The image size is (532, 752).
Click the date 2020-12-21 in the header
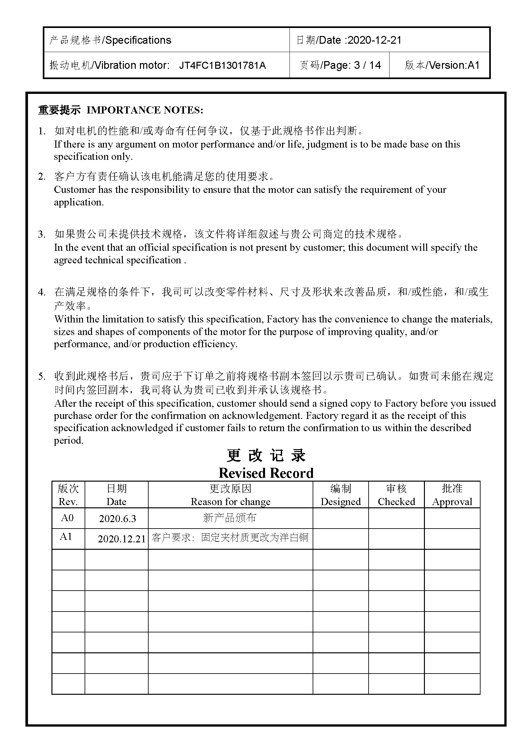(374, 40)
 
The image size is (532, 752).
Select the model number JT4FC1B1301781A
(222, 66)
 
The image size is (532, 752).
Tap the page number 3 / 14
(367, 65)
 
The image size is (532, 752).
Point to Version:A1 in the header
(454, 65)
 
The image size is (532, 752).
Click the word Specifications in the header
(138, 40)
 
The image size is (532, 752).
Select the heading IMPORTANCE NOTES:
(145, 110)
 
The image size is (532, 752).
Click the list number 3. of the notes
(41, 234)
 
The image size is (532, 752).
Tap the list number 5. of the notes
(41, 376)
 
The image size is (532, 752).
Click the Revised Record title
(266, 473)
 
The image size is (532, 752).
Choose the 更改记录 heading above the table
(266, 456)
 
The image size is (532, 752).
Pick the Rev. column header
(68, 502)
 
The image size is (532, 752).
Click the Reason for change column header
(230, 502)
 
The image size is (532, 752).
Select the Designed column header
(340, 502)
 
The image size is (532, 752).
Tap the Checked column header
(396, 502)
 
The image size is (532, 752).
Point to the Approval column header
(452, 502)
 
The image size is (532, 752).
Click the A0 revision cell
(68, 518)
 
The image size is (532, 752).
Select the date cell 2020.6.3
(117, 519)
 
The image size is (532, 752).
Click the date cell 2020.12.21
(121, 539)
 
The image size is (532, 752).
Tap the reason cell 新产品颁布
(229, 518)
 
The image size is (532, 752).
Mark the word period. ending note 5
(69, 440)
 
